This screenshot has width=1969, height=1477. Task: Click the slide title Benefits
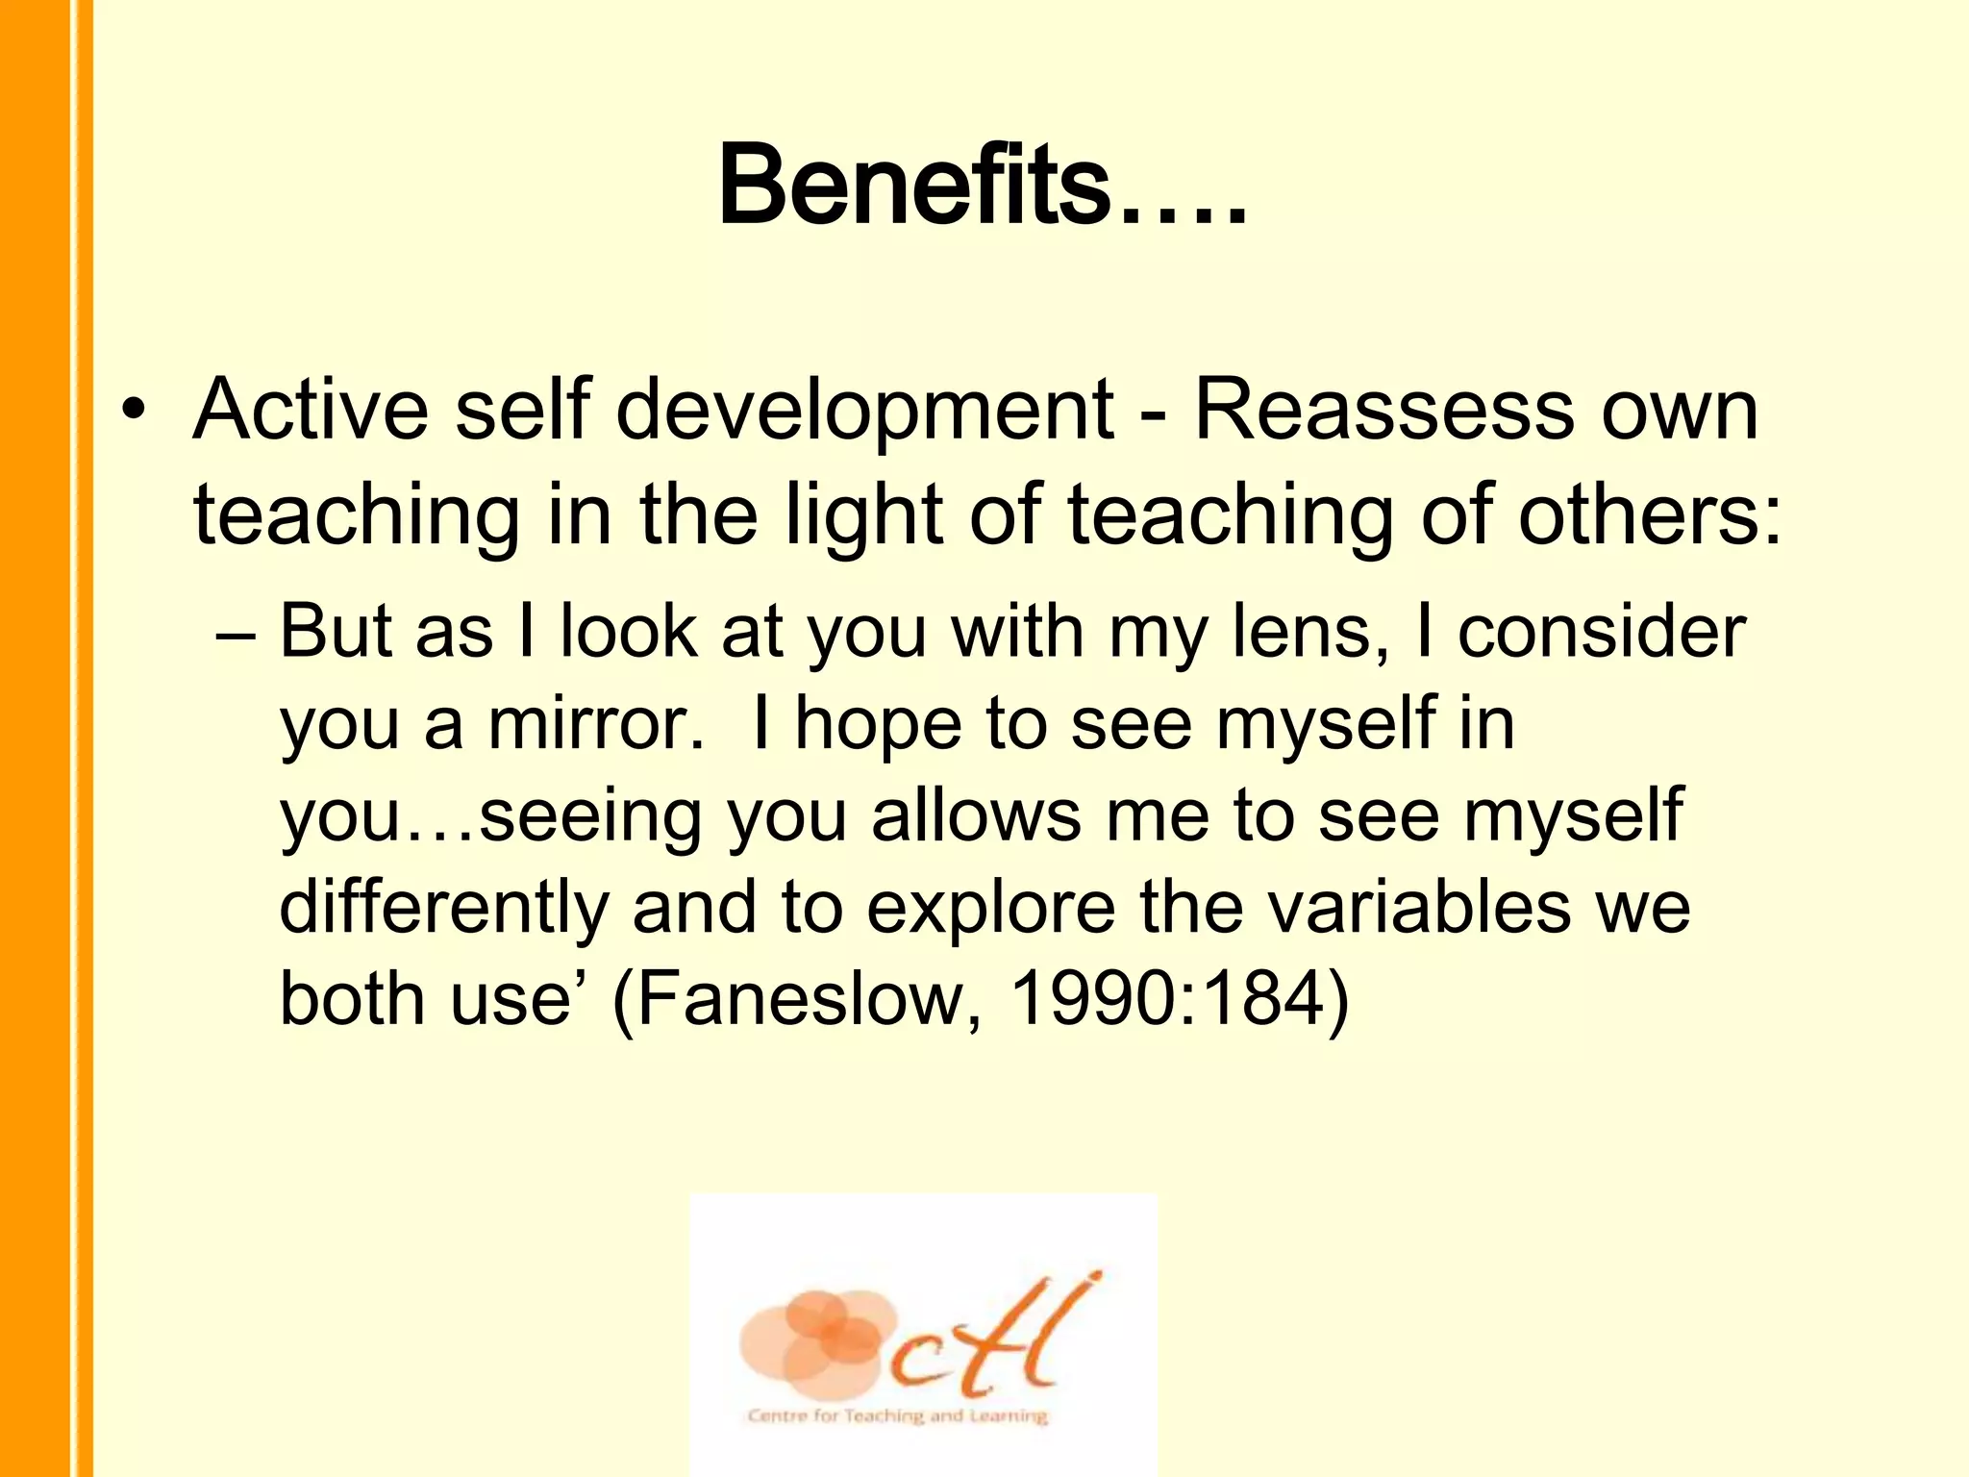tap(981, 185)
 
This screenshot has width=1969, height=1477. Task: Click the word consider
tap(1601, 633)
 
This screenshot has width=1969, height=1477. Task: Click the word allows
tap(975, 815)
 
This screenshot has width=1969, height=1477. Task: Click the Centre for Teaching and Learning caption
tap(897, 1415)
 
